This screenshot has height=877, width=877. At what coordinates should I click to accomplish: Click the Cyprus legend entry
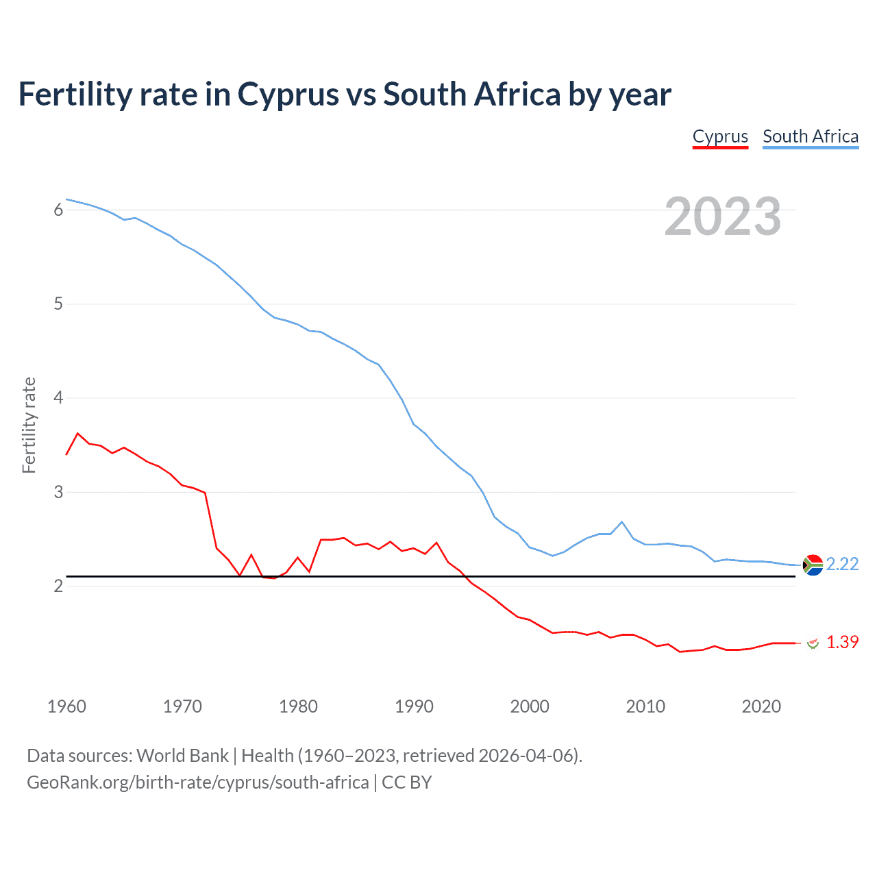(x=720, y=136)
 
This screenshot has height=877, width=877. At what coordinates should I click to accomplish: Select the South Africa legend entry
(x=811, y=136)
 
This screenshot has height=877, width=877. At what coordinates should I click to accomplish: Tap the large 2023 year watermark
(x=722, y=217)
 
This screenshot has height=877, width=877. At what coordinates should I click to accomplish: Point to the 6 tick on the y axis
(x=58, y=210)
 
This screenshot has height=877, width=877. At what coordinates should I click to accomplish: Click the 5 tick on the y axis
(x=58, y=304)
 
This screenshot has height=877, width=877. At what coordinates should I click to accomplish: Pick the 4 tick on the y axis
(x=58, y=397)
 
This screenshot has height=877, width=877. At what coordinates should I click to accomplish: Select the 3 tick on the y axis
(x=58, y=492)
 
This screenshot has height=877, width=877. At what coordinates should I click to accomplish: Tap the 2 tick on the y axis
(x=58, y=586)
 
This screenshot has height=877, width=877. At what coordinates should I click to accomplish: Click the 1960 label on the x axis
(x=66, y=706)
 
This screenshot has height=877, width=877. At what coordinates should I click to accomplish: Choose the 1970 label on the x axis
(x=182, y=706)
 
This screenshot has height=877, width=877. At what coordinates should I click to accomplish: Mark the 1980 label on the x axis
(x=298, y=706)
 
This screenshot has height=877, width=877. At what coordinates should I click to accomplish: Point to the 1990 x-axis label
(x=414, y=706)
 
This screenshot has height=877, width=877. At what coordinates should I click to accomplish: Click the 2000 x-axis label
(x=530, y=706)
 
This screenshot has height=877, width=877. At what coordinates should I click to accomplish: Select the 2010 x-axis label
(x=645, y=706)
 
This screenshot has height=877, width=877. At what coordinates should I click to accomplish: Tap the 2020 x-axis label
(x=761, y=706)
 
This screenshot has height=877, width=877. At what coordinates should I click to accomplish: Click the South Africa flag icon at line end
(x=813, y=565)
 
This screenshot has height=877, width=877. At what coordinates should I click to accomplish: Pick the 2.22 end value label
(x=842, y=564)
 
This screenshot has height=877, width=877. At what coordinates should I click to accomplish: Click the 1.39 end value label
(x=842, y=642)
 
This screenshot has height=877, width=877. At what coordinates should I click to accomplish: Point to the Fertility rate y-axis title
(x=29, y=425)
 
